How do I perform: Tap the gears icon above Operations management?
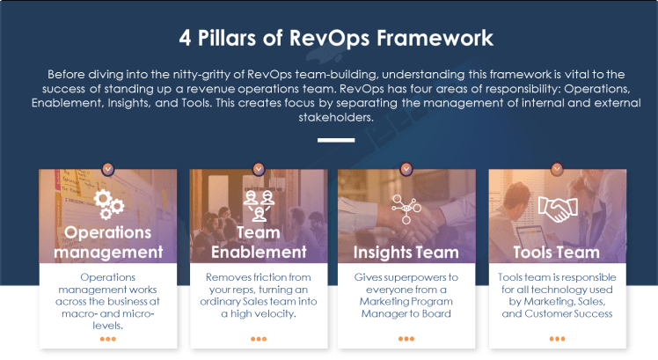108,203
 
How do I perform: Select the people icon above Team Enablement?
258,203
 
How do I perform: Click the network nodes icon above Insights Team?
406,207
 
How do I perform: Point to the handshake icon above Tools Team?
556,209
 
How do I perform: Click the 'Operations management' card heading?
108,242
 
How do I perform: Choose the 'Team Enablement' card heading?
258,242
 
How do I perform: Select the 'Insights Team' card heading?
406,253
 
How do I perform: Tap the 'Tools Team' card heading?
556,253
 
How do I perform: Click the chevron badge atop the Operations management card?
108,167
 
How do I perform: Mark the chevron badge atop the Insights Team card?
406,167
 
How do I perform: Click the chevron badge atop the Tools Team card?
556,167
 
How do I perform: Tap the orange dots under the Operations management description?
108,339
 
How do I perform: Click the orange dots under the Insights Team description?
406,339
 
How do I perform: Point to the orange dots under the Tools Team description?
556,339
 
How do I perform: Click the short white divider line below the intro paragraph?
336,140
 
